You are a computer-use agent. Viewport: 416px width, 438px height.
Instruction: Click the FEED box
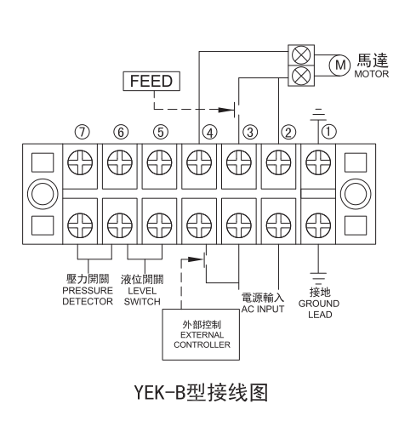pos(151,81)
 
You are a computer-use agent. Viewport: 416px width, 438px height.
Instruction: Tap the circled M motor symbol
pos(339,65)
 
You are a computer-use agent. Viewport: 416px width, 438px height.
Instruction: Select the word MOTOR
pos(371,74)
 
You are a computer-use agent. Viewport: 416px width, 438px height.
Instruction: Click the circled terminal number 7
pos(83,132)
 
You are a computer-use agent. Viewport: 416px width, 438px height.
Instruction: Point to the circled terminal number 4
pos(210,133)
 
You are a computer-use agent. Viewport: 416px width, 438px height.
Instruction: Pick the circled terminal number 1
pos(328,132)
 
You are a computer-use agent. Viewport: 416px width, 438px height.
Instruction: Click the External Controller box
pos(201,334)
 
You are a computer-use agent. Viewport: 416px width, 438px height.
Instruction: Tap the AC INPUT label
pos(263,309)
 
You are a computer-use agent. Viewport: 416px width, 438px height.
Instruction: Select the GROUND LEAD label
pos(319,309)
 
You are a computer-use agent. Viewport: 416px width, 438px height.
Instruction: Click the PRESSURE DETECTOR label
pos(88,296)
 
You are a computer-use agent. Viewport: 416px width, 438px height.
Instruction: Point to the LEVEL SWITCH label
pos(142,296)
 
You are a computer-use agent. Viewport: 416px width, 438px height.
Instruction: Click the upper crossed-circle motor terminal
pos(301,55)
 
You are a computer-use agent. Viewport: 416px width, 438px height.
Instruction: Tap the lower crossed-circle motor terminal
pos(301,76)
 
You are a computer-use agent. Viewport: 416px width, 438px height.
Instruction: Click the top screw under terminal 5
pos(159,162)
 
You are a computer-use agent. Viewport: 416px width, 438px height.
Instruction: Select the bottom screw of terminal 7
pos(80,225)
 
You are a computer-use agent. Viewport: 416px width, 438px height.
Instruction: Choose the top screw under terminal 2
pos(278,162)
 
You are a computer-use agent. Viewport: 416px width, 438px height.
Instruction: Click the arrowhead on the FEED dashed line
pos(226,110)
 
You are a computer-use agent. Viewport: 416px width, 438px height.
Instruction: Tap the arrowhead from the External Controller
pos(196,259)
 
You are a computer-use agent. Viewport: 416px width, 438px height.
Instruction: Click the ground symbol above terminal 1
pos(318,115)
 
